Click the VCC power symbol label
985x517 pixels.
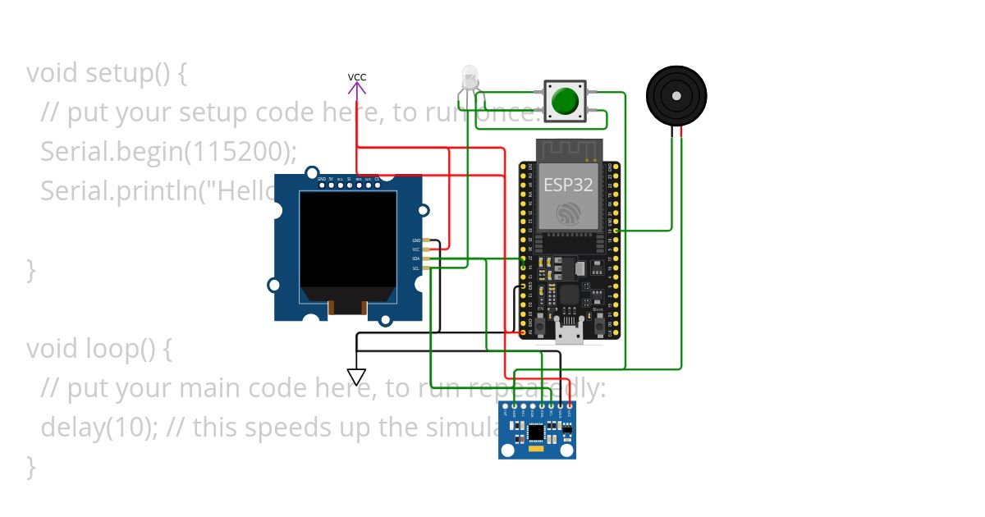click(356, 77)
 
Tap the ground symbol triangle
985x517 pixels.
click(356, 377)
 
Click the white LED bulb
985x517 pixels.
click(470, 78)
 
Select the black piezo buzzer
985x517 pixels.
click(676, 95)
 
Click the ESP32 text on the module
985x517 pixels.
click(568, 185)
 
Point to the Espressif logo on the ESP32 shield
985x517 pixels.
click(568, 213)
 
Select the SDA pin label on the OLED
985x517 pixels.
click(416, 258)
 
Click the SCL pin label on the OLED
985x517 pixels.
click(416, 268)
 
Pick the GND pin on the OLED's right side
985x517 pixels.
click(416, 240)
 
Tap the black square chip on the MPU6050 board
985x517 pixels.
click(536, 432)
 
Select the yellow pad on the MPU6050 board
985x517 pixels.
click(536, 450)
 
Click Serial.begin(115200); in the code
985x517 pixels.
click(168, 151)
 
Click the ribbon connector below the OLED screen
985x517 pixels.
click(346, 308)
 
